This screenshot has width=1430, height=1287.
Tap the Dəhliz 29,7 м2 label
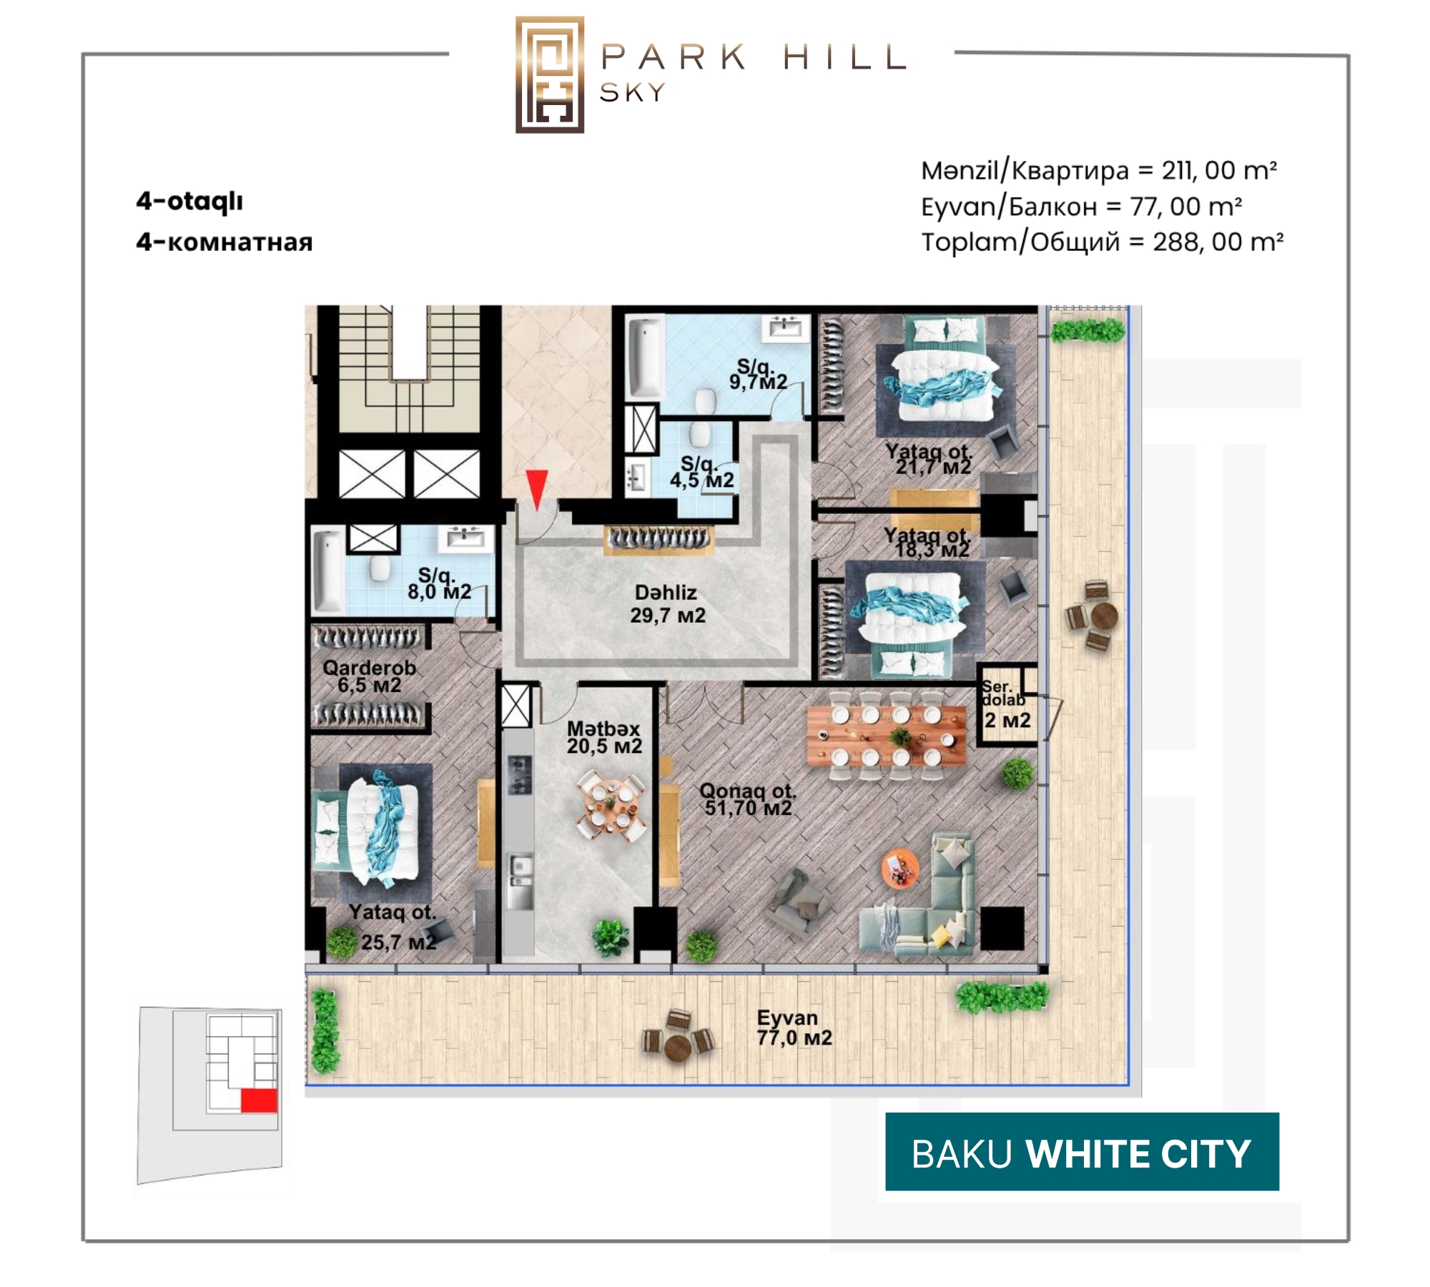coord(668,603)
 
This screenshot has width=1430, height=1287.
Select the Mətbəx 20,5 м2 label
coord(604,737)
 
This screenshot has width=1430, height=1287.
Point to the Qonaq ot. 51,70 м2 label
coord(748,799)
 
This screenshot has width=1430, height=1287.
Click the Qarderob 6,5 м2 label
coord(369,676)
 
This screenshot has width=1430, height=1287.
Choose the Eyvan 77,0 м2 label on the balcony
coord(794,1027)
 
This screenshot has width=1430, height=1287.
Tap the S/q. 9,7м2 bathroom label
coord(758,375)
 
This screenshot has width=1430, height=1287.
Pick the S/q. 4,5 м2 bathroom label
coord(701,473)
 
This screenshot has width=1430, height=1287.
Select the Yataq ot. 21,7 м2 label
coord(929,459)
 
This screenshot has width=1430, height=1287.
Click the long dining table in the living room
coord(886,736)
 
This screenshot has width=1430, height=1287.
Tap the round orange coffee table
coord(900,869)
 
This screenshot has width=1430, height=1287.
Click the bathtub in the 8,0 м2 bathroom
coord(328,570)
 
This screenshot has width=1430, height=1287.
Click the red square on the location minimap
coord(259,1100)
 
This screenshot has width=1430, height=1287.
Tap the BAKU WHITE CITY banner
coord(1082,1152)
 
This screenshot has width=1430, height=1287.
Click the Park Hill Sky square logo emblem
coord(550,74)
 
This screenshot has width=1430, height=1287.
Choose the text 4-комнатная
coord(225,242)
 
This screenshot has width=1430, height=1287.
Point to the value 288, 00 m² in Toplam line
coord(1218,242)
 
